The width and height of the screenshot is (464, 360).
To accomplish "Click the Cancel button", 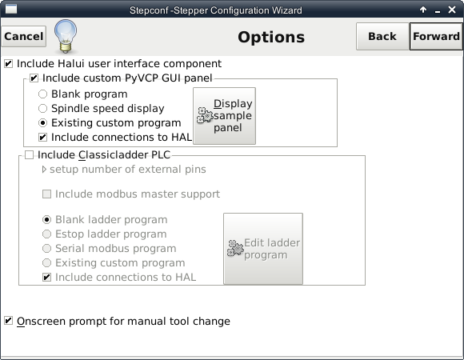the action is (x=24, y=36).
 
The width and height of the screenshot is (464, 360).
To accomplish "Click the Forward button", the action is (x=436, y=36).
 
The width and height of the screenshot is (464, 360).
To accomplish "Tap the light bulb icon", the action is (x=66, y=36).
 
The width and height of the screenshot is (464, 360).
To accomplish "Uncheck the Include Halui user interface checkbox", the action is (x=9, y=63).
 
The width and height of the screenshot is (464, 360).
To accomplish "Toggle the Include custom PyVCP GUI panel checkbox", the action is (x=34, y=78).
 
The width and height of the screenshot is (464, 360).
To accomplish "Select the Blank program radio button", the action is (x=43, y=94).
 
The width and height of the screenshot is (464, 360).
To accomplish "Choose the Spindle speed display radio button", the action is (x=43, y=109).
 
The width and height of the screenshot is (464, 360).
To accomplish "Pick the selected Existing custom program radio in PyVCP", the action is (x=43, y=122).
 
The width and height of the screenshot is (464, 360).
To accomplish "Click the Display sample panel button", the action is (x=224, y=116).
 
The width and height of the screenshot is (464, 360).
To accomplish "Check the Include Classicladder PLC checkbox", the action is (x=29, y=155).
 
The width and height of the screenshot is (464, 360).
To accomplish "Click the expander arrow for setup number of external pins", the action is (x=44, y=170).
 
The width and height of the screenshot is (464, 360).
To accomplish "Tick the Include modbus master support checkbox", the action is (x=46, y=194).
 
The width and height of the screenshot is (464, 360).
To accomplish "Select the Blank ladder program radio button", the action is (x=46, y=220).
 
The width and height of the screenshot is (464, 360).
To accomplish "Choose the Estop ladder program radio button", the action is (x=46, y=234).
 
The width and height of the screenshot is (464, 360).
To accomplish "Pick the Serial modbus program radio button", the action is (x=46, y=249).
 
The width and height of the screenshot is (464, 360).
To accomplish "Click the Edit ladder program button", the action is (x=263, y=249).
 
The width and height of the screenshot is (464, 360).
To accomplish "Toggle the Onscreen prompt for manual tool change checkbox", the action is (x=9, y=321).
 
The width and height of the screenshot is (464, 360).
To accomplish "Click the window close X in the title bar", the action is (x=452, y=10).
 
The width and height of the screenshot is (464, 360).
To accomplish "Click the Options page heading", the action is (x=271, y=38).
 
